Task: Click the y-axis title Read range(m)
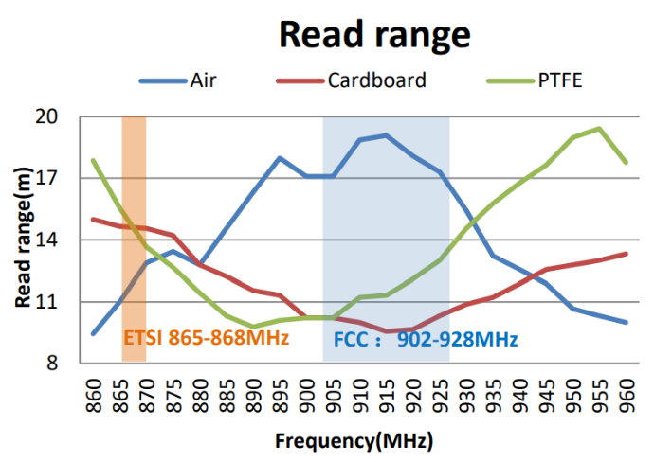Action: tap(23, 240)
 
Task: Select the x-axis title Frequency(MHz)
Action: tap(354, 441)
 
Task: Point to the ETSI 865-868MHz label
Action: tap(206, 339)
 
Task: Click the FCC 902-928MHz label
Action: tap(426, 339)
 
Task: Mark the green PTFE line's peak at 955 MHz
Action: tap(599, 128)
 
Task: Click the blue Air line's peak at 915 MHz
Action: tap(386, 135)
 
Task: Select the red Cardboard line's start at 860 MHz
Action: tap(93, 220)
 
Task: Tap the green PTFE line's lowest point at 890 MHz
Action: tap(253, 327)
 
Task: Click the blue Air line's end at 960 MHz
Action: tap(626, 323)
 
